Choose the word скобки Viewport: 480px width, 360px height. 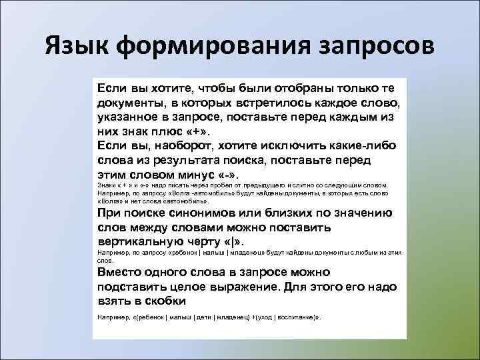162,299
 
